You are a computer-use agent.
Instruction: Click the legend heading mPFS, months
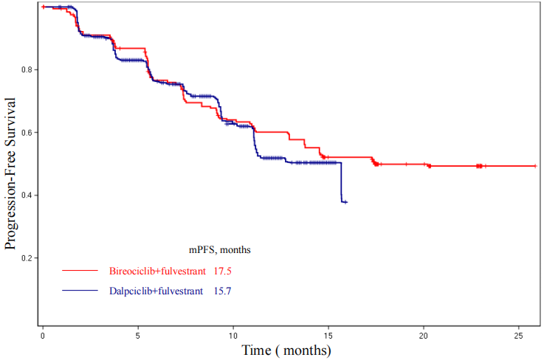[219, 250]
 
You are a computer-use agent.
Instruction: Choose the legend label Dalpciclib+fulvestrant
[156, 291]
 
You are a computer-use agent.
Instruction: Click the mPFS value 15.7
[222, 291]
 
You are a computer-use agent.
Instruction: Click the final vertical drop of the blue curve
[340, 182]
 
